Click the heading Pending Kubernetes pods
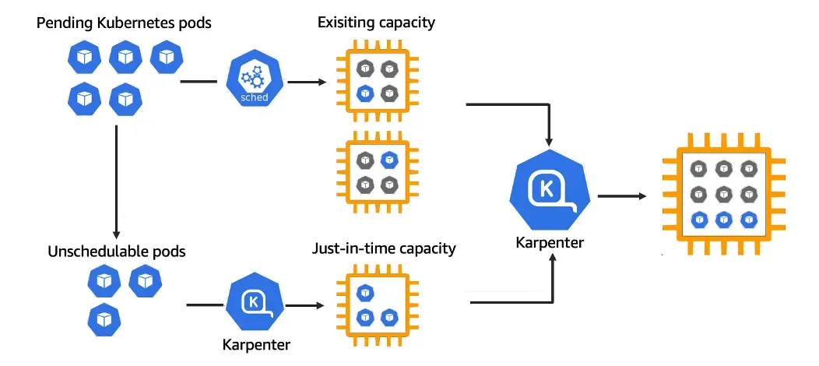[x=124, y=23]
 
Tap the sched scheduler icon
[x=255, y=79]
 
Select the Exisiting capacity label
[x=376, y=23]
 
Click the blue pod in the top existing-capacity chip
[x=365, y=93]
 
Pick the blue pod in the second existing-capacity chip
[x=388, y=160]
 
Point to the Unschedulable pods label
[x=117, y=251]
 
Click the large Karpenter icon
[x=550, y=190]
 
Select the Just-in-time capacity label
[x=384, y=248]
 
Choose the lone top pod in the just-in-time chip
[x=365, y=293]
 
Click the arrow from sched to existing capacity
[x=307, y=82]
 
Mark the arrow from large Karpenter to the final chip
[x=622, y=196]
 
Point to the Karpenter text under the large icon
[x=550, y=243]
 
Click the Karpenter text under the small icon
[x=256, y=345]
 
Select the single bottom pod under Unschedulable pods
[x=104, y=319]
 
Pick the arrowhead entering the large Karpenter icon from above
[x=548, y=142]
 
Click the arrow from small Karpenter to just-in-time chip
[x=305, y=305]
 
